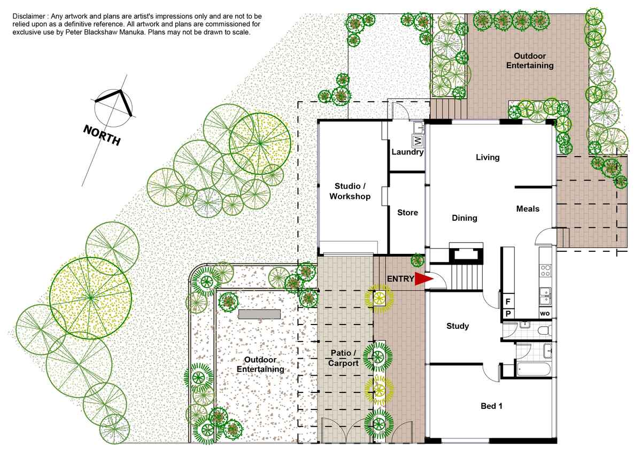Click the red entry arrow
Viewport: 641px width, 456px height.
pyautogui.click(x=423, y=279)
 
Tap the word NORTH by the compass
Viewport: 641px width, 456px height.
pyautogui.click(x=102, y=135)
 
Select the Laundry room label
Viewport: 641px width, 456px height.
pyautogui.click(x=407, y=152)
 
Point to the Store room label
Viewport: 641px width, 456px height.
pyautogui.click(x=407, y=212)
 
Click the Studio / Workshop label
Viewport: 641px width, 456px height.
pyautogui.click(x=350, y=191)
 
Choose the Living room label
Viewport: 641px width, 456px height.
pyautogui.click(x=488, y=157)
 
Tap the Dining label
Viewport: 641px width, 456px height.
pyautogui.click(x=465, y=218)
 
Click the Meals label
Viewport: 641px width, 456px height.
pyautogui.click(x=528, y=209)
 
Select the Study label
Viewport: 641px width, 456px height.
pyautogui.click(x=458, y=326)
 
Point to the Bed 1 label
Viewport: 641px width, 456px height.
pyautogui.click(x=491, y=406)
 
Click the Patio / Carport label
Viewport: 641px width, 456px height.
pyautogui.click(x=343, y=358)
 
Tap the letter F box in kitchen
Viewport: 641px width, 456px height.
pyautogui.click(x=508, y=302)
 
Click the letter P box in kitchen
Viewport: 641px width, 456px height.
pyautogui.click(x=508, y=314)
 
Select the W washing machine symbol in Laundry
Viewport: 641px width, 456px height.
pyautogui.click(x=418, y=141)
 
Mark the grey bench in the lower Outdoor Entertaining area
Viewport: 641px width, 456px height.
pyautogui.click(x=260, y=314)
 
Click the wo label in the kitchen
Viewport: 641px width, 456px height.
pyautogui.click(x=545, y=314)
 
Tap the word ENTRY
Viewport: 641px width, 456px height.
pyautogui.click(x=400, y=279)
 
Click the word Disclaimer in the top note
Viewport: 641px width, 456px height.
pyautogui.click(x=29, y=17)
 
